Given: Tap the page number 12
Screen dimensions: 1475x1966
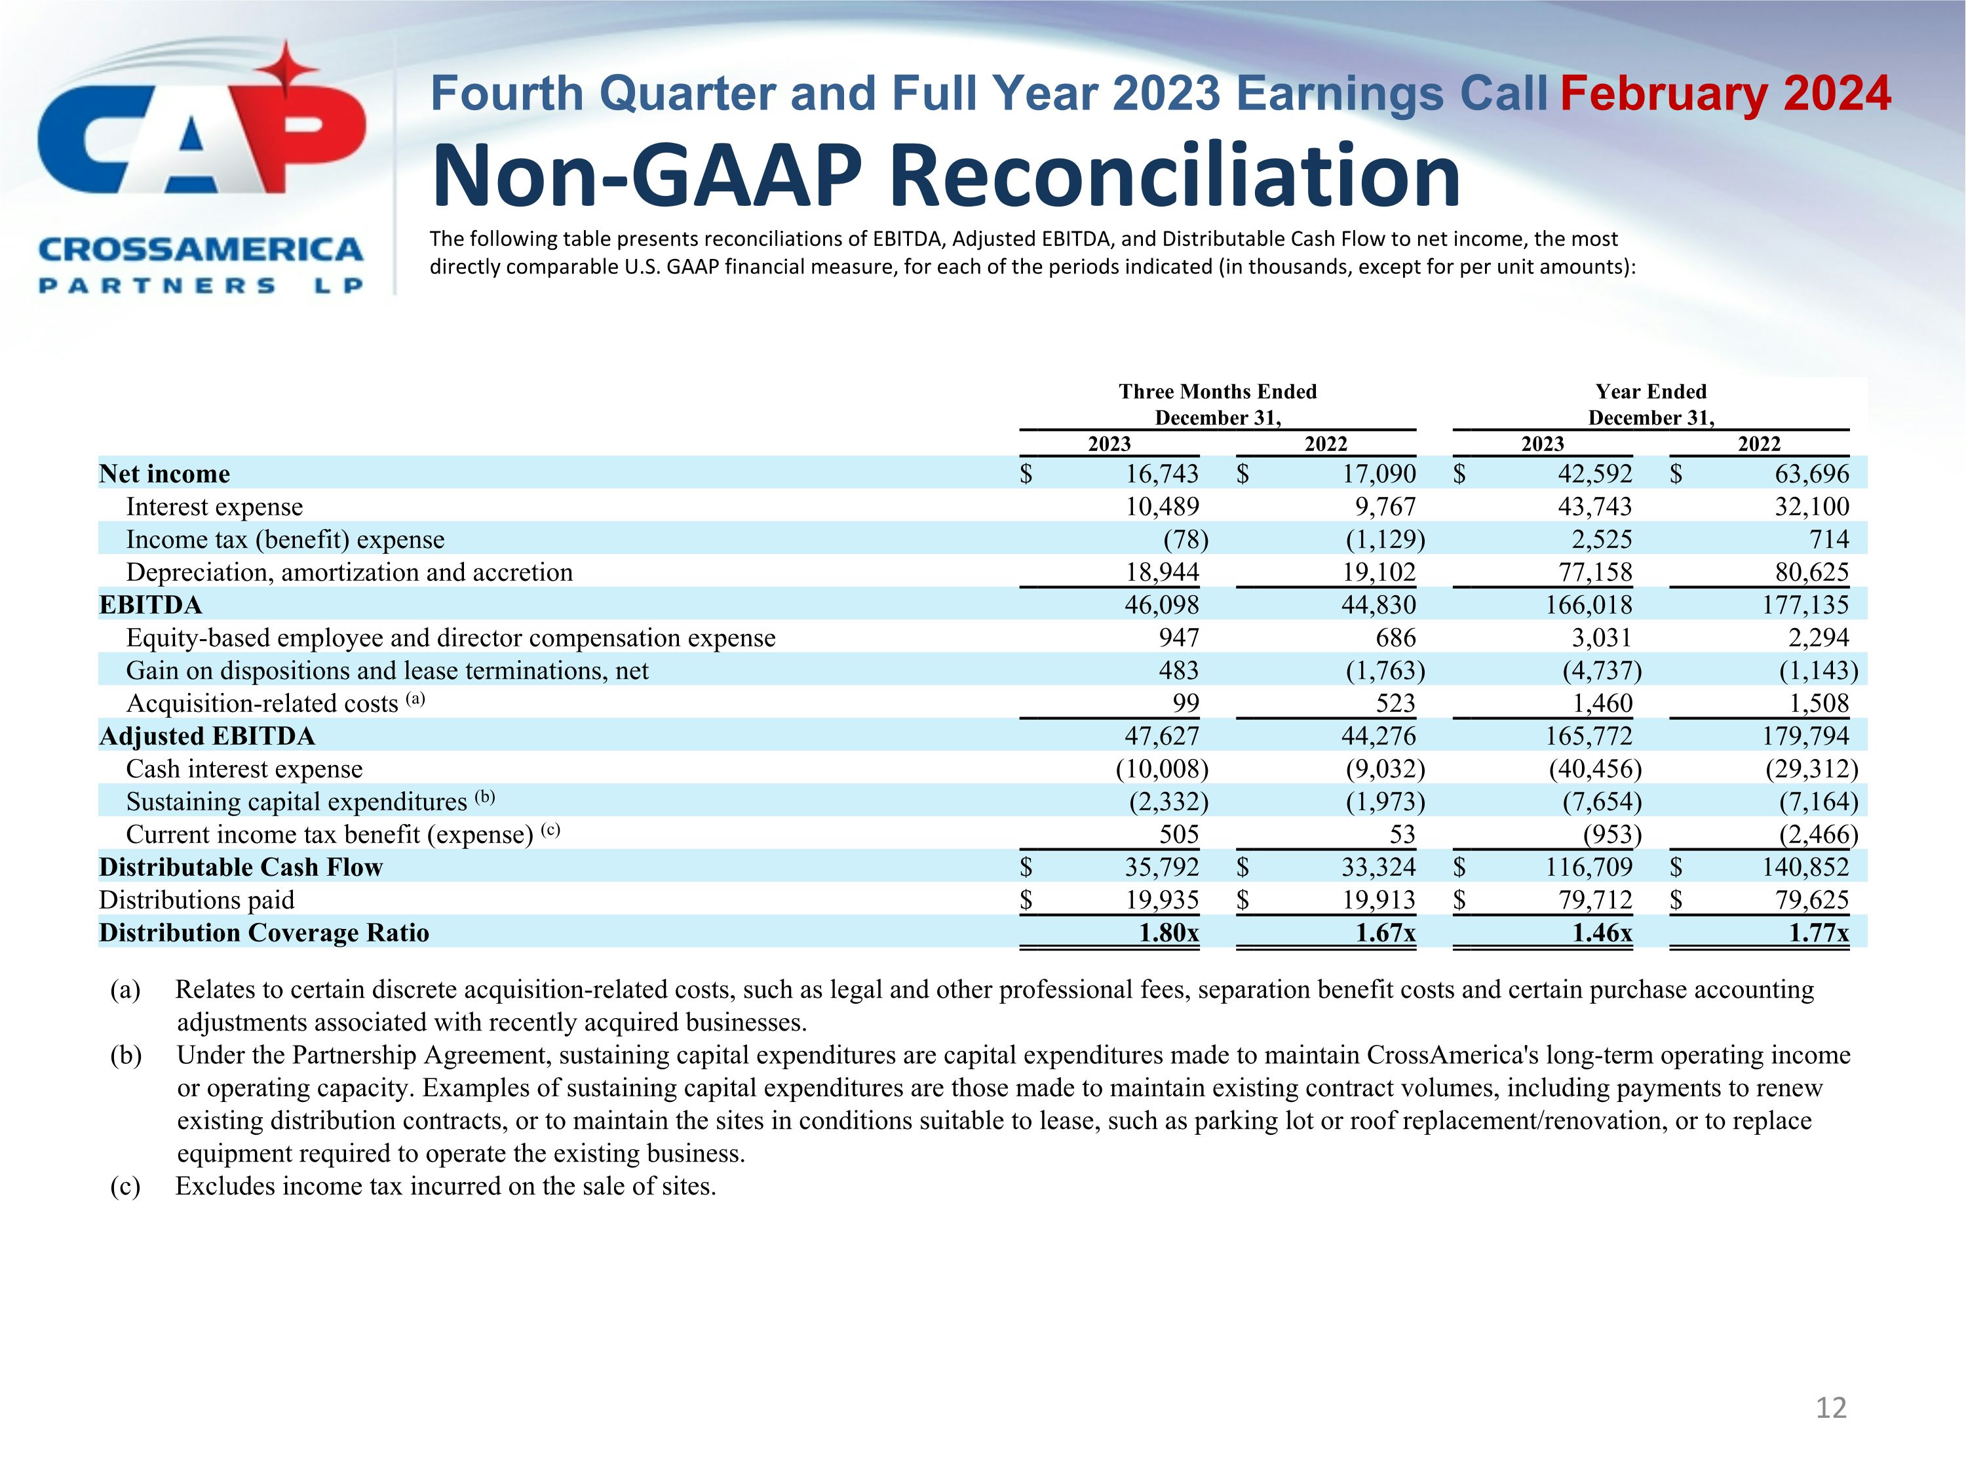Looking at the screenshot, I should click(1831, 1407).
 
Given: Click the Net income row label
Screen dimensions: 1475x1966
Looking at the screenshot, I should click(164, 474).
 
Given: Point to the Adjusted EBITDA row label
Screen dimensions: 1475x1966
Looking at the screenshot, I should click(207, 736).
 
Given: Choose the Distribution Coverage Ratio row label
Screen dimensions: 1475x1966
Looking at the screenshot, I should click(264, 933).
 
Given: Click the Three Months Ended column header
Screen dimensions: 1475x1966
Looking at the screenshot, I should click(1217, 392).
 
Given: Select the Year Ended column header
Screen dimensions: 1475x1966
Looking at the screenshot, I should click(1651, 392).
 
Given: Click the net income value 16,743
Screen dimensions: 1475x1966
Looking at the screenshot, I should click(1162, 474).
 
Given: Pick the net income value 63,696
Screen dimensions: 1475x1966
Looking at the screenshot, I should click(1811, 474).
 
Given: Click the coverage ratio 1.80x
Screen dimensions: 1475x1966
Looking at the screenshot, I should click(1168, 933).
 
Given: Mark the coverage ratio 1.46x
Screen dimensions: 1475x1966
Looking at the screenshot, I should click(1602, 933).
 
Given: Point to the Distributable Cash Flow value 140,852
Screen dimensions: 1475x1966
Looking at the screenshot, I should click(1805, 867).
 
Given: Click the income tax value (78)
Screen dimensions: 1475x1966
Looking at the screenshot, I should click(1185, 540).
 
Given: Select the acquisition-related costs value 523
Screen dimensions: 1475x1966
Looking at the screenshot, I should click(1395, 703).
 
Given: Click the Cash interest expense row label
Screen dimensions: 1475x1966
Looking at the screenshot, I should click(244, 769).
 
